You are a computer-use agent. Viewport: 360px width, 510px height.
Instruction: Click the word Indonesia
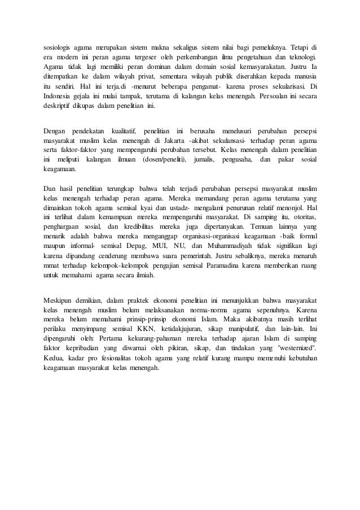59,97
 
